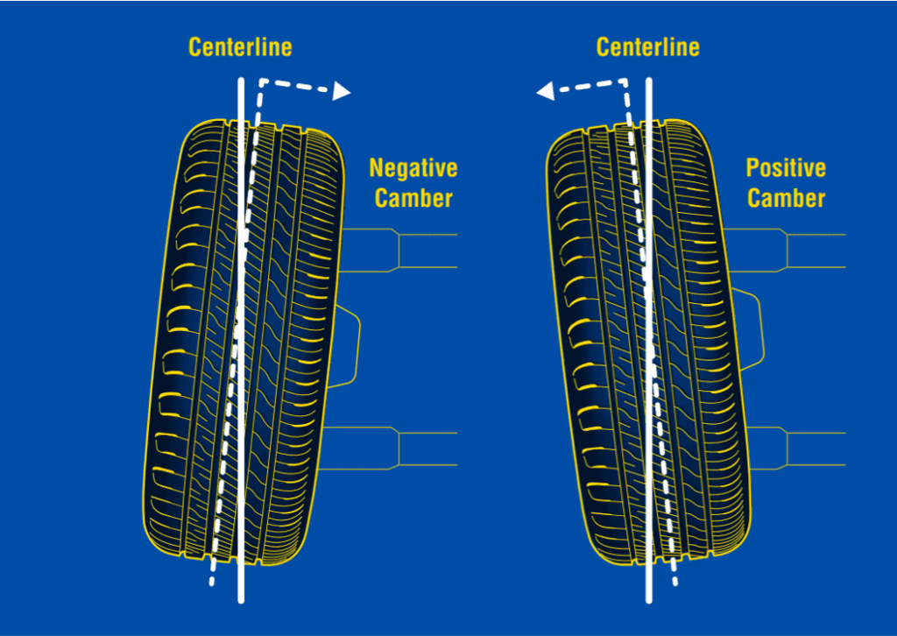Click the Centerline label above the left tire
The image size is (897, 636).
240,46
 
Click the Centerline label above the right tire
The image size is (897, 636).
647,46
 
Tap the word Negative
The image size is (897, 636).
413,167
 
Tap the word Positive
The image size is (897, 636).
786,167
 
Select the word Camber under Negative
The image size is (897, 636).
413,198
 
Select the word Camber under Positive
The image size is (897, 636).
786,198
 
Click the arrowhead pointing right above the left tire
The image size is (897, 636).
343,91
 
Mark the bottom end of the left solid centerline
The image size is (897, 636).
240,600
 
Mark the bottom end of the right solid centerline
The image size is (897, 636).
648,600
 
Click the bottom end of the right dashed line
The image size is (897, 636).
674,582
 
